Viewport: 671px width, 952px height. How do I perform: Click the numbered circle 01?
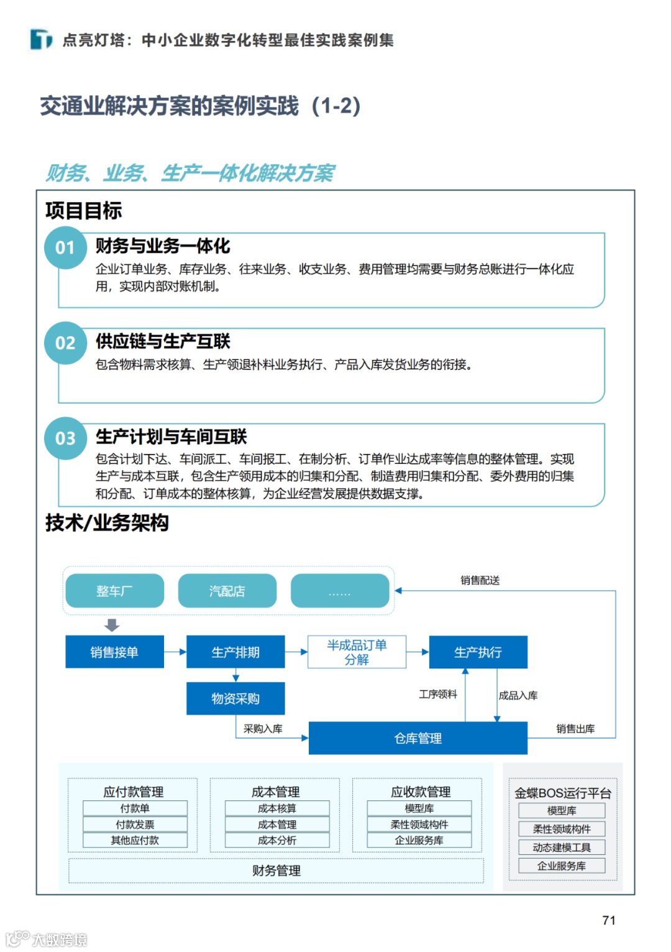65,248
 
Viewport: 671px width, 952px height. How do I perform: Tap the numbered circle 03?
65,438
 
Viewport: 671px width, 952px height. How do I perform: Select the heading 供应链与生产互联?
163,341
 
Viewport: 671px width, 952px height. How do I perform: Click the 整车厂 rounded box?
114,591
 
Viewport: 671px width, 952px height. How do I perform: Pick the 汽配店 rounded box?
227,591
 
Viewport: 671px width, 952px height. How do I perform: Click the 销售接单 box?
114,652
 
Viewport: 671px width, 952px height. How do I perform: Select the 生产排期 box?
235,652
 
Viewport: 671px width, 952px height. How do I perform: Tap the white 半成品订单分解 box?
357,652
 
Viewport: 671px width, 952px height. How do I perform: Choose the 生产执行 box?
478,652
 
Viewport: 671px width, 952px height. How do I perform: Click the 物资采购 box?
235,698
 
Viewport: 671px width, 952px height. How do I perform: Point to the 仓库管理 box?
418,738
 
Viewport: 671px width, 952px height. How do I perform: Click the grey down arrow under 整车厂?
112,624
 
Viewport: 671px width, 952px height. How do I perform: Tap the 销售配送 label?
480,580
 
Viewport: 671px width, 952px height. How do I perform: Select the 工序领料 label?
437,694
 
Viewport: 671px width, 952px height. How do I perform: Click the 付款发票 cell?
135,825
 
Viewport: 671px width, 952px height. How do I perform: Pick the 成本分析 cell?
277,840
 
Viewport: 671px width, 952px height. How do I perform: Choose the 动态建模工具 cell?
562,848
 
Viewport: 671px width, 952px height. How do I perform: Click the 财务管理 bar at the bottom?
276,871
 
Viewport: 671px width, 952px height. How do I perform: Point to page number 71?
609,920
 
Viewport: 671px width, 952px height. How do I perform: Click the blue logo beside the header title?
41,40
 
